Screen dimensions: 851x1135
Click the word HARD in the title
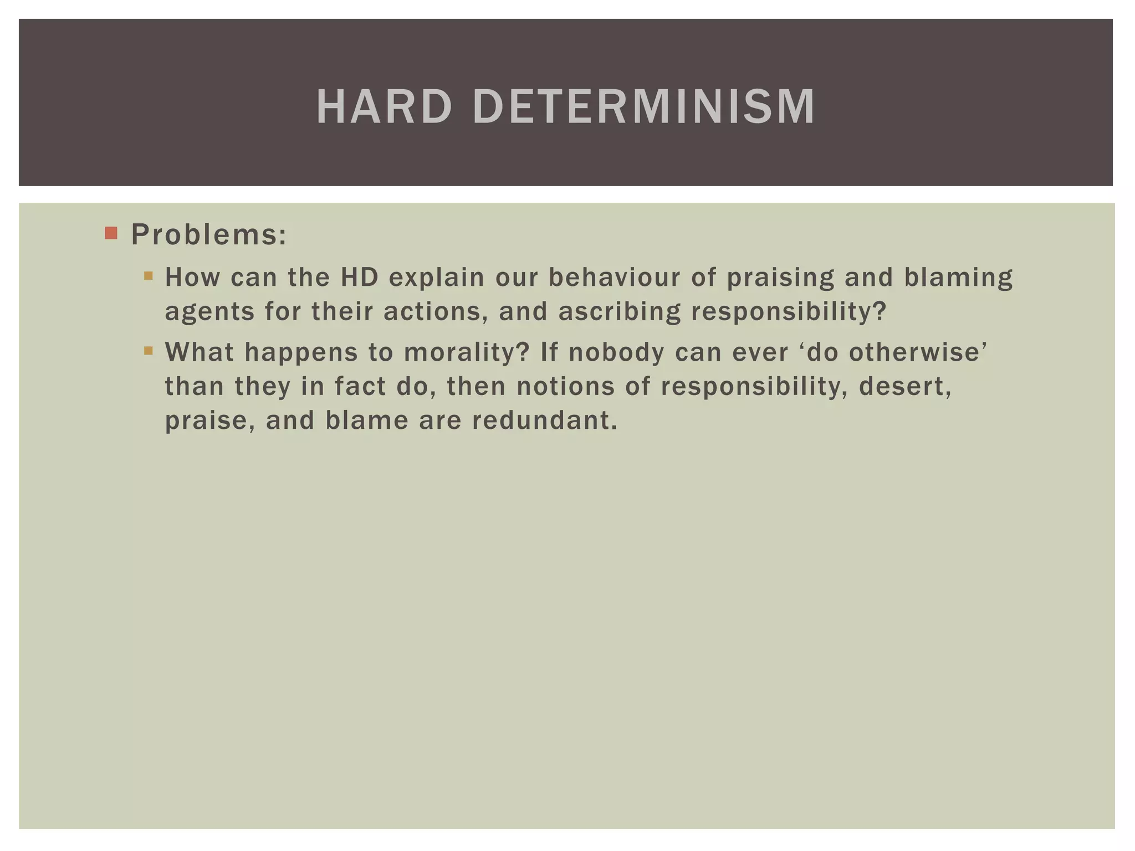point(384,106)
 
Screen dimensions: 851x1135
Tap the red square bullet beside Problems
point(111,233)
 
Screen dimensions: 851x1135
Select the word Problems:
point(209,235)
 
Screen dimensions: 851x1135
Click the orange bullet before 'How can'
point(148,275)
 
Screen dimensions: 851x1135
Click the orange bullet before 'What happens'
point(148,350)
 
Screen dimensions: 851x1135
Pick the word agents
point(209,312)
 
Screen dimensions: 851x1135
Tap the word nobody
point(616,352)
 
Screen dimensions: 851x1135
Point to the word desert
point(904,387)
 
